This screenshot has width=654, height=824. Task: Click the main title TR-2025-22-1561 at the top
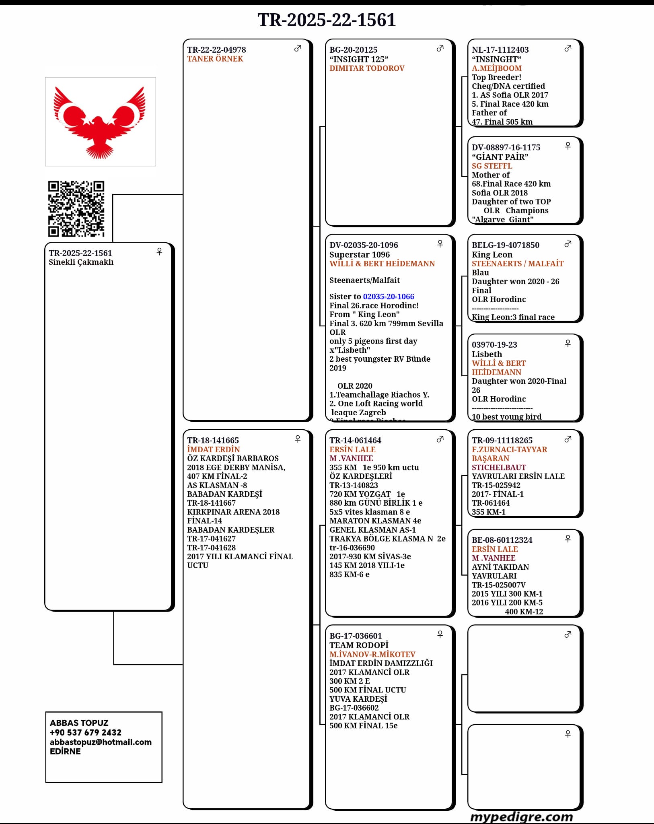click(327, 20)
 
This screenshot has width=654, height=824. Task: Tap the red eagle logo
click(100, 122)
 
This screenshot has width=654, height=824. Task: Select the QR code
click(76, 208)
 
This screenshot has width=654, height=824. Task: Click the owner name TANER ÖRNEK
click(215, 59)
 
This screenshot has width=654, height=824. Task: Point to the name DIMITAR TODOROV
click(367, 68)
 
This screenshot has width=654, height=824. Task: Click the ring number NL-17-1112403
click(500, 50)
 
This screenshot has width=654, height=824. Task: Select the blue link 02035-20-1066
click(389, 297)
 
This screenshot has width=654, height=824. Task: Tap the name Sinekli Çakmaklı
click(81, 262)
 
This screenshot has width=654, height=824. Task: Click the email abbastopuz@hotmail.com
click(101, 742)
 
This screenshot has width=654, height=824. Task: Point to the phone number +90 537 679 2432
click(85, 732)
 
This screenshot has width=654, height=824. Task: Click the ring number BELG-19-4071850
click(505, 245)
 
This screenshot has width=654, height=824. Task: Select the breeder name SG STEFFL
click(492, 166)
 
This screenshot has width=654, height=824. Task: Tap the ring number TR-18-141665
click(213, 441)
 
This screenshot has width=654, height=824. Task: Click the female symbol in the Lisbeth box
click(568, 343)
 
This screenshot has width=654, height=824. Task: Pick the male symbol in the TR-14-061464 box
click(440, 439)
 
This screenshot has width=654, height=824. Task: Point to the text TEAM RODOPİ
click(359, 645)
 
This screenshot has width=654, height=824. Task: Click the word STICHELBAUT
click(499, 467)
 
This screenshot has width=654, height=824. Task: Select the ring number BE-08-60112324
click(502, 540)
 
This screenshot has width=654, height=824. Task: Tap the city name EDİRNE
click(65, 751)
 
